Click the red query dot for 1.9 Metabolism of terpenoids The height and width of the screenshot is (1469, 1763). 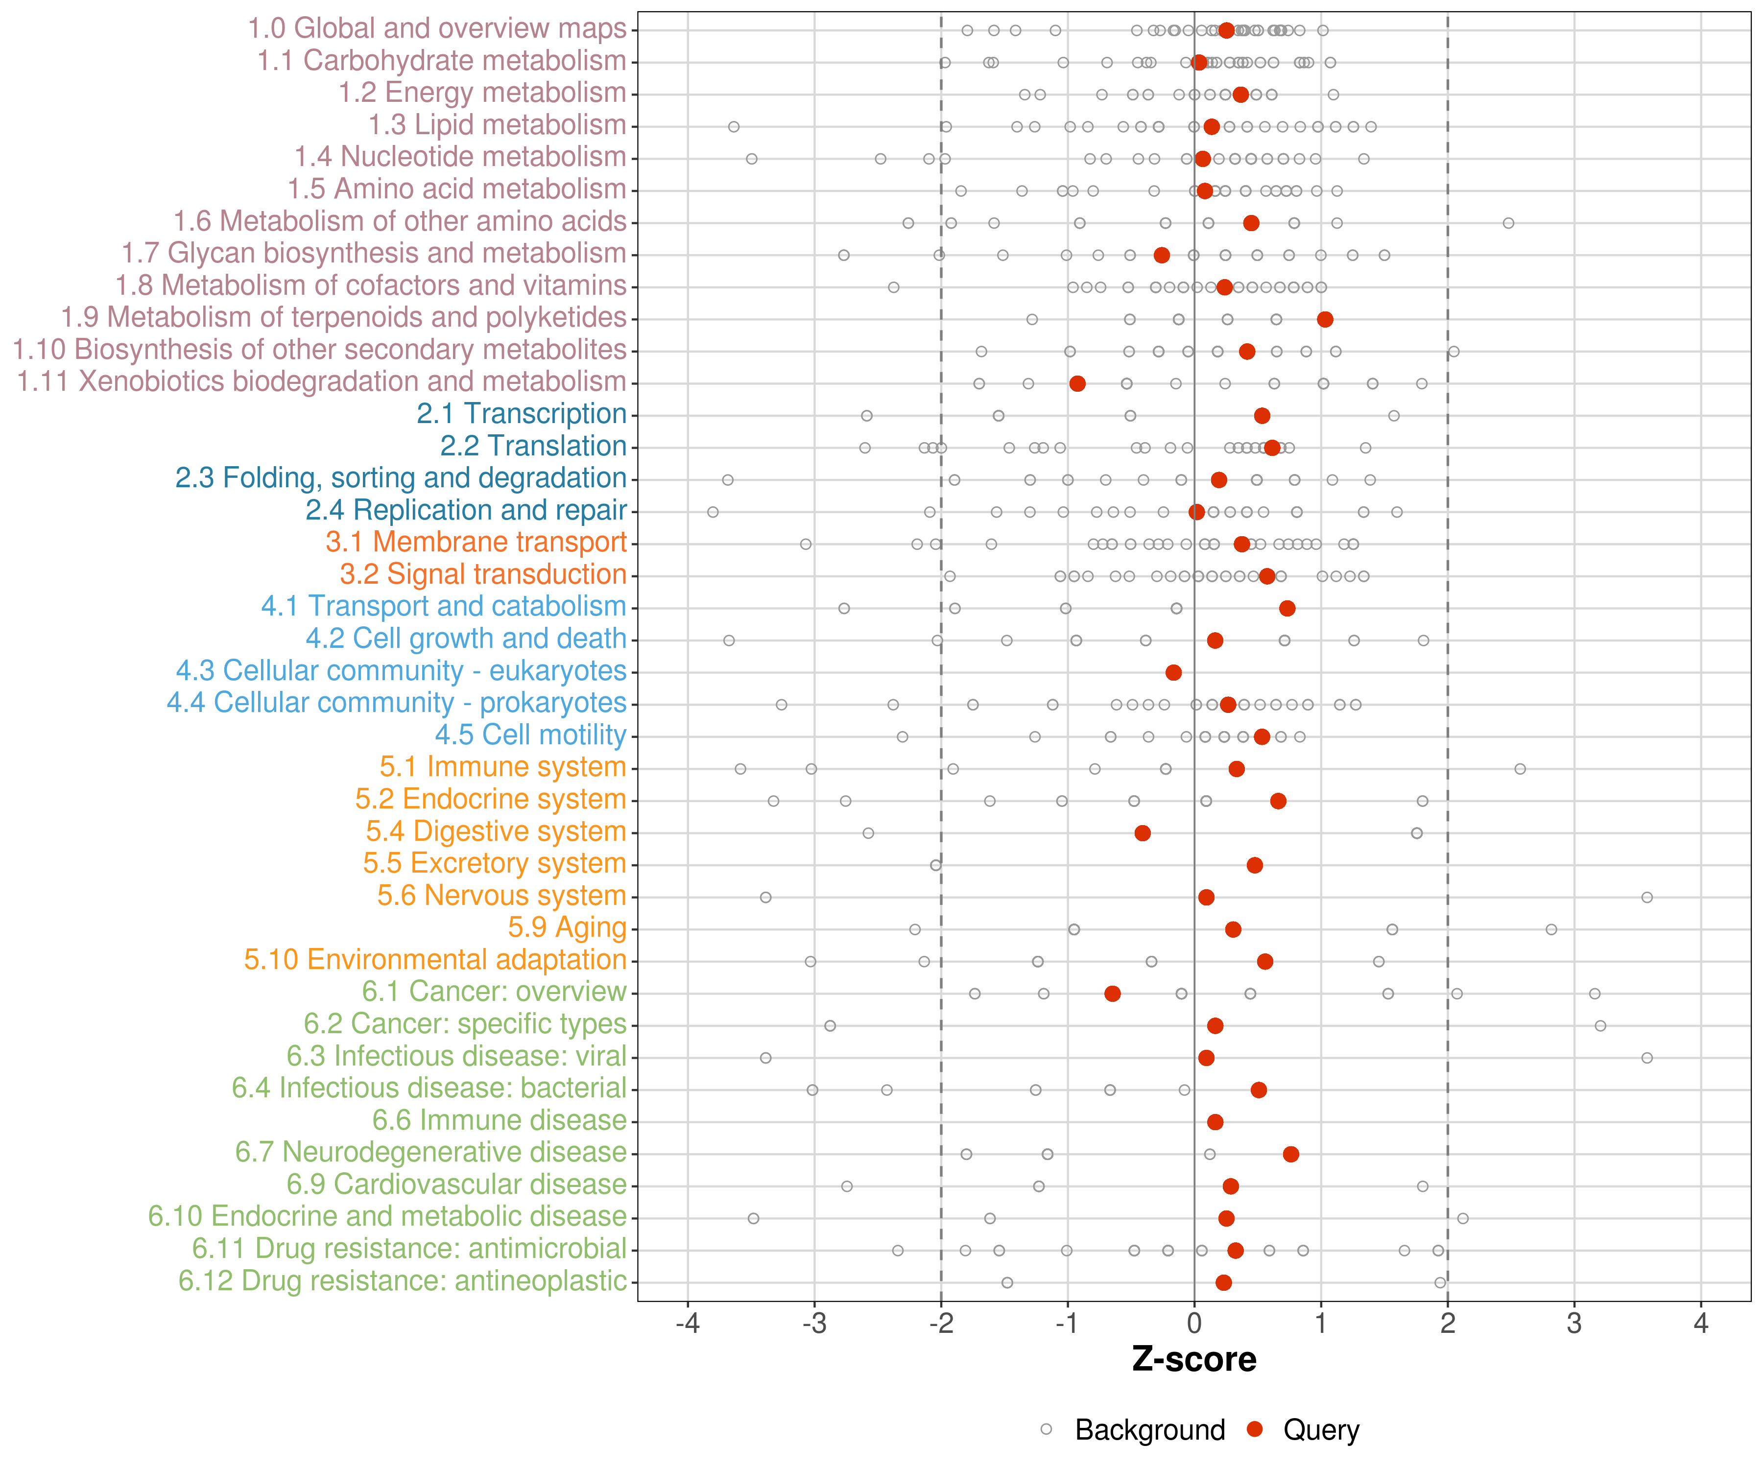tap(1325, 319)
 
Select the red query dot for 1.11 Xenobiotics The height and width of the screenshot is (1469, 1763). tap(1077, 383)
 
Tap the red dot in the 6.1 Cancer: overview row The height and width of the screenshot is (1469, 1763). tap(1112, 994)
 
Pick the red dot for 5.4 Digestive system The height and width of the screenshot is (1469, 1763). tap(1143, 833)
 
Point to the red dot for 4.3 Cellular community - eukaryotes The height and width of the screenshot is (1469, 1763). tap(1174, 672)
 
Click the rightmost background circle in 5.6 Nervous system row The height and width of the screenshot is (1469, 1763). tap(1647, 898)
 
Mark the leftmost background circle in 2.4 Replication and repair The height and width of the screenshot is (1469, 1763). tap(713, 512)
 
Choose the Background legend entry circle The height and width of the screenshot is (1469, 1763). tap(1046, 1429)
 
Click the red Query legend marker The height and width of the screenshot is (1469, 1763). tap(1255, 1429)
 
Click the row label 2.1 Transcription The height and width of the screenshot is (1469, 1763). tap(522, 414)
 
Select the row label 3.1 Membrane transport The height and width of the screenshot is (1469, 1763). tap(476, 542)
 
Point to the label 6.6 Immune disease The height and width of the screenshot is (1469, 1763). tap(500, 1121)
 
